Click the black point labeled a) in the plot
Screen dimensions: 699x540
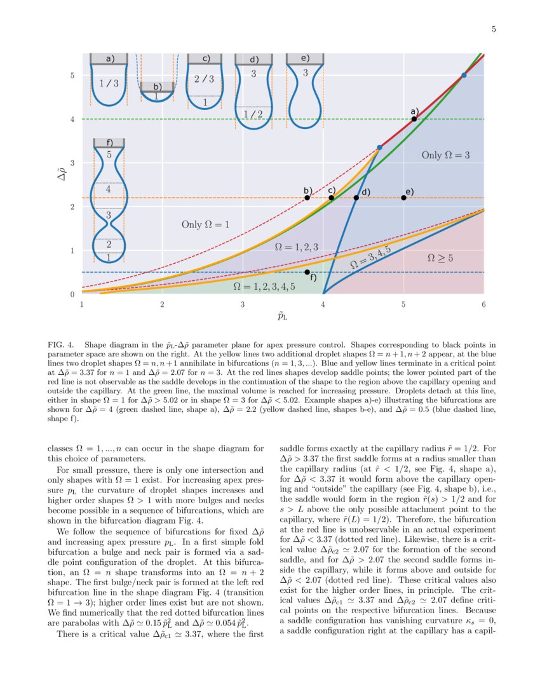coord(414,119)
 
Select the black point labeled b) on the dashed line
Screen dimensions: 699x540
coord(307,198)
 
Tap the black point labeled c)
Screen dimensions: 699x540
coord(331,198)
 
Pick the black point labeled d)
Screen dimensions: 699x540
coord(356,198)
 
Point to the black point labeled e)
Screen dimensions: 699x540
coord(404,198)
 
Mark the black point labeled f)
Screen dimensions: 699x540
coord(307,272)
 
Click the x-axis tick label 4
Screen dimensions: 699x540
coord(323,304)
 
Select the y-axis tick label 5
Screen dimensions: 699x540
coord(71,76)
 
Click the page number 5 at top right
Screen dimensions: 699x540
coord(493,29)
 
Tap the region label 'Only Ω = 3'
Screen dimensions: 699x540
coord(445,155)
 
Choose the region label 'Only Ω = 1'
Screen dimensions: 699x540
coord(205,224)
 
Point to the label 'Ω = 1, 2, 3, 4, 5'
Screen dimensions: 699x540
coord(264,287)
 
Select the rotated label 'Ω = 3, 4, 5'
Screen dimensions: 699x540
coord(370,257)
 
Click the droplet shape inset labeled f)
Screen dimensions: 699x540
coord(109,200)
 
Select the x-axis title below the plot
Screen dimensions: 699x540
coord(283,316)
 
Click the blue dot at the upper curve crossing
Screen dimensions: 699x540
coord(464,76)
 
